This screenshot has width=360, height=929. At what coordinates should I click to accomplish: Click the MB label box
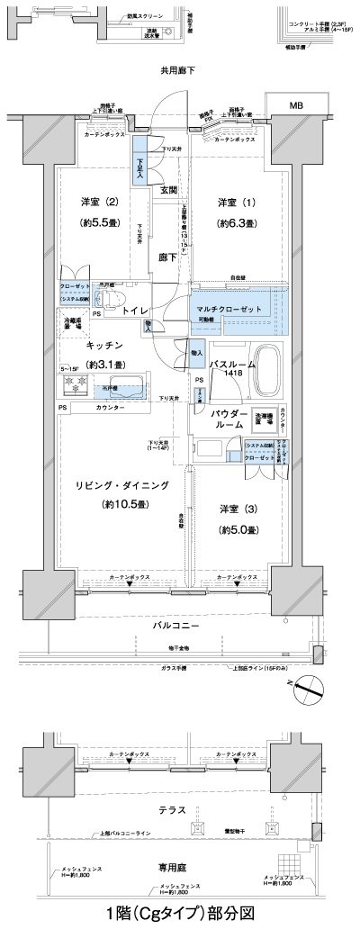pos(295,105)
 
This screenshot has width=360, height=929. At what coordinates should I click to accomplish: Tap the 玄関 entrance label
pos(169,189)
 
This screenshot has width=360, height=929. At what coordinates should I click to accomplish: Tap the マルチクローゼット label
pos(229,309)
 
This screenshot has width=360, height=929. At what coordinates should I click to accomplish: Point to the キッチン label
pos(104,345)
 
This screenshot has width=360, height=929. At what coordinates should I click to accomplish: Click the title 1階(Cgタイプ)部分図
pos(181,911)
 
